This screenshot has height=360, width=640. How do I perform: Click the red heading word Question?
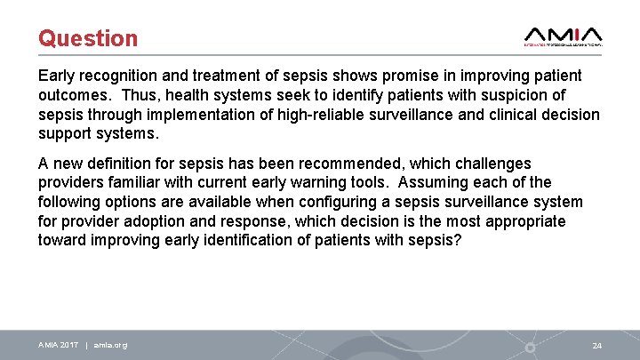(88, 38)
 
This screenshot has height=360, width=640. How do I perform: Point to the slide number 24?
(596, 345)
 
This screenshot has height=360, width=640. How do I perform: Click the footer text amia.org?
(110, 345)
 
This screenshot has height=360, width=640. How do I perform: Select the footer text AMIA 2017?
(59, 345)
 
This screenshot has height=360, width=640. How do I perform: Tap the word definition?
(122, 164)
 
